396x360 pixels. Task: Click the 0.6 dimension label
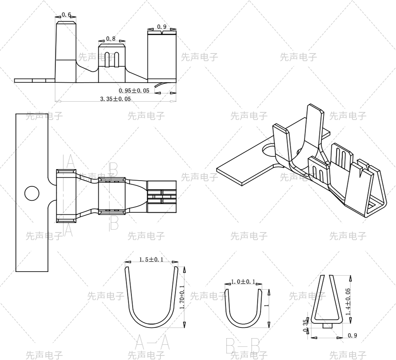pyautogui.click(x=66, y=15)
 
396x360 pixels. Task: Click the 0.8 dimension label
pyautogui.click(x=111, y=39)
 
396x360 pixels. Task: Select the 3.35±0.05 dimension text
pyautogui.click(x=116, y=99)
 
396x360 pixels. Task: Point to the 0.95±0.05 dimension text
pyautogui.click(x=134, y=91)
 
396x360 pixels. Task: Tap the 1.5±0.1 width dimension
pyautogui.click(x=151, y=260)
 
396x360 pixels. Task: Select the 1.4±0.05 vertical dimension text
pyautogui.click(x=348, y=302)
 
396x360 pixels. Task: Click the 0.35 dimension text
pyautogui.click(x=305, y=325)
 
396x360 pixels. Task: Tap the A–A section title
pyautogui.click(x=152, y=343)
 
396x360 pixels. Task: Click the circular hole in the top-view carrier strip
pyautogui.click(x=32, y=193)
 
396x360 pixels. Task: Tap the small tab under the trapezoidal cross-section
pyautogui.click(x=327, y=326)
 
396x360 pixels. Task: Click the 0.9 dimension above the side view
pyautogui.click(x=162, y=27)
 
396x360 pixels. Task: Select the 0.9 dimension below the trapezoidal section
pyautogui.click(x=352, y=336)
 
